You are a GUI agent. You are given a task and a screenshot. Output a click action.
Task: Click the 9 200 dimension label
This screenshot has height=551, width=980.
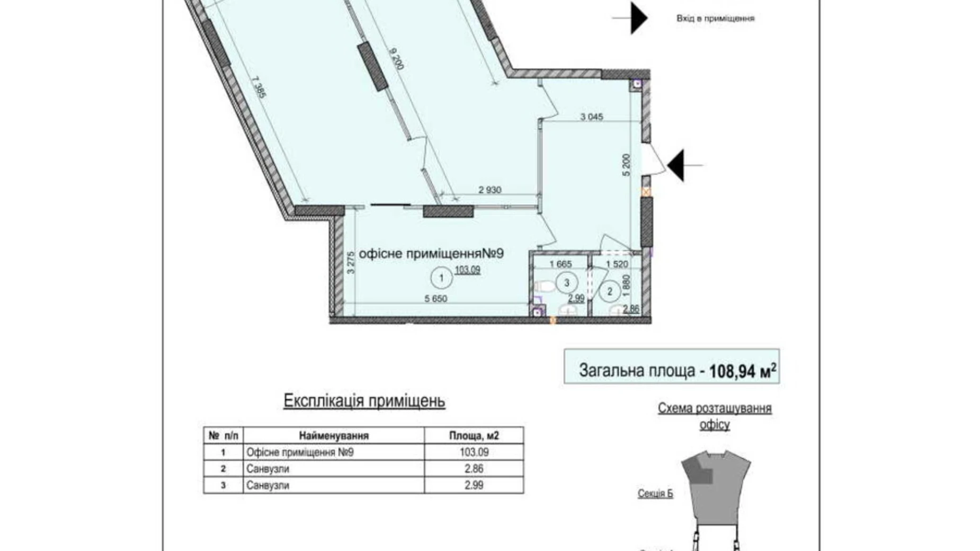coord(397,59)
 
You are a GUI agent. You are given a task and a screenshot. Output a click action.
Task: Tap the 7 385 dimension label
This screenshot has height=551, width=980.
coord(259,88)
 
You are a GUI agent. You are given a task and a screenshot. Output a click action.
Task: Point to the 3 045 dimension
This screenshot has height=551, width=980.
coord(591,117)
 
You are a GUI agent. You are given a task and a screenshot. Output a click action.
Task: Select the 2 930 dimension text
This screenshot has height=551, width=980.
coord(489,190)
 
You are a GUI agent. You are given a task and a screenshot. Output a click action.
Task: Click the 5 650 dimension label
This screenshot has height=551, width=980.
coord(435,299)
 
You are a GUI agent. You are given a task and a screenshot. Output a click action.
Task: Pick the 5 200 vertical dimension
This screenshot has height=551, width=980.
coord(627,165)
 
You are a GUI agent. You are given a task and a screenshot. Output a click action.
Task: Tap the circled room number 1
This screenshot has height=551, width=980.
coord(441,278)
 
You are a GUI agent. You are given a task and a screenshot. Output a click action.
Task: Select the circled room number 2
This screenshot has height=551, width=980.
coord(610,291)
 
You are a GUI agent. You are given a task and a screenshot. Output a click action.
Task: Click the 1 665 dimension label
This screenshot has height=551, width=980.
coord(560,264)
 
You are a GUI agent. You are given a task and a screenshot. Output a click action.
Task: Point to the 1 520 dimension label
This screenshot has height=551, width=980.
coord(617,264)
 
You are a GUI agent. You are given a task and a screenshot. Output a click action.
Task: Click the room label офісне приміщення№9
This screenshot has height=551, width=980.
coord(431,254)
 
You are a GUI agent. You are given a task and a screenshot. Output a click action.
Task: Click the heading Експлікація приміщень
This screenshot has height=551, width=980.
coord(364,401)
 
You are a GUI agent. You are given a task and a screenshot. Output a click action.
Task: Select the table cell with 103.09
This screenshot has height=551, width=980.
coord(474,452)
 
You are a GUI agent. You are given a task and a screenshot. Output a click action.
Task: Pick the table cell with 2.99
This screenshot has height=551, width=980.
coord(474,485)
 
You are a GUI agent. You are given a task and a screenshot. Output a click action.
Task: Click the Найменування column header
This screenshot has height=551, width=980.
coord(333,436)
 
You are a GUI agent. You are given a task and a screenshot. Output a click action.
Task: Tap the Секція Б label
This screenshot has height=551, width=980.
coord(655,494)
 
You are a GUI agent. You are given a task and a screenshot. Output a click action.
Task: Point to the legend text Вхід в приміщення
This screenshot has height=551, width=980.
coord(715,19)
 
